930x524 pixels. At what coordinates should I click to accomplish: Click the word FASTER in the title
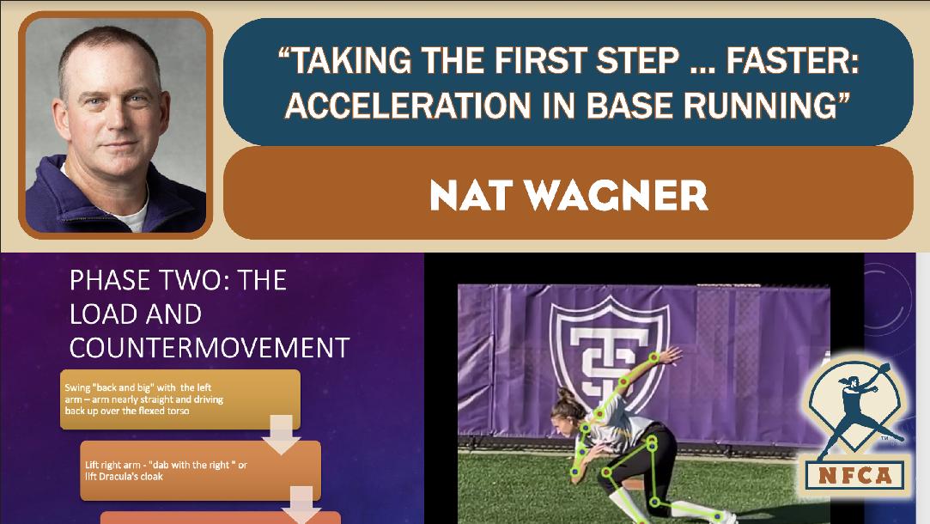click(x=793, y=60)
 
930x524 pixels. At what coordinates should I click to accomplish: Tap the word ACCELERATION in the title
click(x=408, y=105)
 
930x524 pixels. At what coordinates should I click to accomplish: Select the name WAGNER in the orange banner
click(x=617, y=195)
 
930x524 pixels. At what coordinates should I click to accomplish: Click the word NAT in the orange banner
click(x=471, y=195)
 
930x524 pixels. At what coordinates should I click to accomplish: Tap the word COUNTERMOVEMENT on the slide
click(x=210, y=348)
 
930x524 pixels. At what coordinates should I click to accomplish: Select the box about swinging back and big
click(x=180, y=399)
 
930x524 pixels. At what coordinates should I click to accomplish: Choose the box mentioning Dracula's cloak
click(x=200, y=471)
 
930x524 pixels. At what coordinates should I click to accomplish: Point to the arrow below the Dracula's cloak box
click(x=301, y=505)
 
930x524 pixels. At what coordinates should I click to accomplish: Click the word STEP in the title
click(x=638, y=60)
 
